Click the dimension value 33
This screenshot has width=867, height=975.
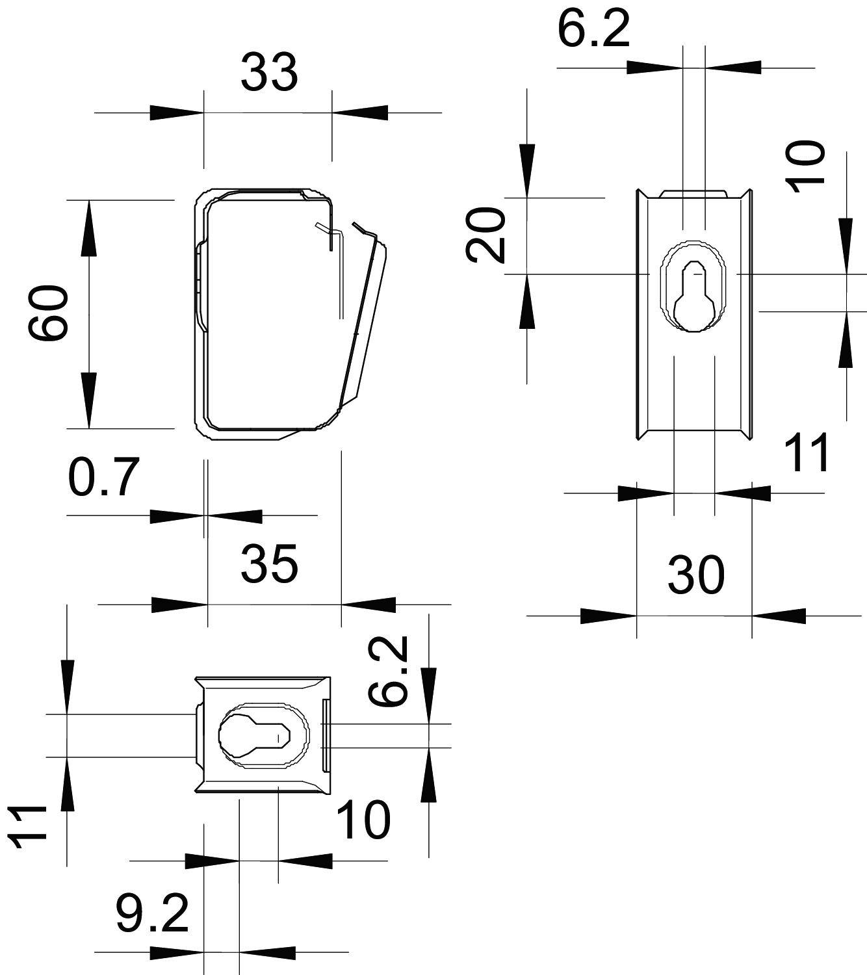[x=269, y=73]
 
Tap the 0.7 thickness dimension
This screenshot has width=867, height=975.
[x=104, y=477]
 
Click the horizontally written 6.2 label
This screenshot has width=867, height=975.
[x=594, y=30]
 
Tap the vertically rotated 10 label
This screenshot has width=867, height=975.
[x=807, y=168]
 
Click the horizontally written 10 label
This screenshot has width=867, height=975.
[x=364, y=820]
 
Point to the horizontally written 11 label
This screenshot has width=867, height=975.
[x=807, y=453]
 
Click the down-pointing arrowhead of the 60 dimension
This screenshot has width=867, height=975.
[x=89, y=399]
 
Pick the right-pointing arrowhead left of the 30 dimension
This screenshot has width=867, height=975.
[x=608, y=616]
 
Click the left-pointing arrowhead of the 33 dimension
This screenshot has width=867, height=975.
[x=360, y=112]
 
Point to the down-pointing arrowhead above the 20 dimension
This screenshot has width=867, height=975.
[x=527, y=169]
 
